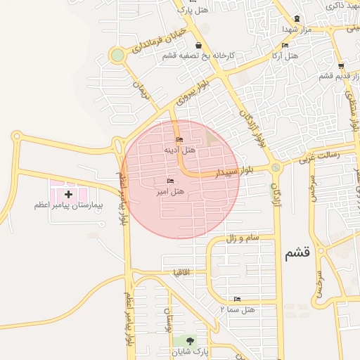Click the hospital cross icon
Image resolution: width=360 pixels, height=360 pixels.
68,193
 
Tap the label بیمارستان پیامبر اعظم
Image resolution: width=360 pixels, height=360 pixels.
68,205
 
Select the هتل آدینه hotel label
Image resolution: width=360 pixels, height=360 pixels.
179,150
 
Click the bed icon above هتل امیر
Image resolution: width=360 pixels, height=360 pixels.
170,181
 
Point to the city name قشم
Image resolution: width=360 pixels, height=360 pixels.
297,254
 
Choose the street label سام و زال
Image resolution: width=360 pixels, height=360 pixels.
242,238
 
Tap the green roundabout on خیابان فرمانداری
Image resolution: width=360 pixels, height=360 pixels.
117,55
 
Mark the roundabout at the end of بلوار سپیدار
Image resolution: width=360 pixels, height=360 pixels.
275,167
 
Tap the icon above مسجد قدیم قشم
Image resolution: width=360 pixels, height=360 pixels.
340,67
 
